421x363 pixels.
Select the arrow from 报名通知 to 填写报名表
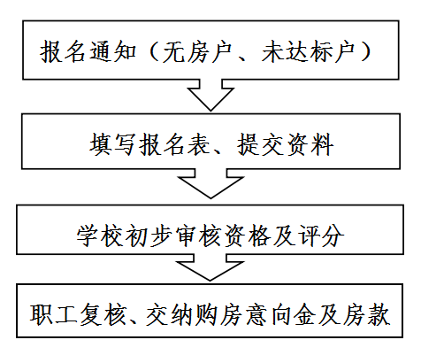tap(210, 95)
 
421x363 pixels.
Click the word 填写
tap(112, 144)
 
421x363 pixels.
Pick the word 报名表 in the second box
tap(175, 144)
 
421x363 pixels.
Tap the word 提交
tap(261, 144)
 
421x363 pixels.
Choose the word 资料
tap(310, 144)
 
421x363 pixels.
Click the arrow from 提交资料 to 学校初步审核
tap(210, 183)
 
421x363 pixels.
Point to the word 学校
tap(100, 236)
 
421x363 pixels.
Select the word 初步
tap(149, 236)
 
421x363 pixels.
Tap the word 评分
tap(321, 236)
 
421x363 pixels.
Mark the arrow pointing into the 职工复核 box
tap(210, 267)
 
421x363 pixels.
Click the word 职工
tap(54, 314)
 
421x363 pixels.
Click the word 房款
tap(365, 314)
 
